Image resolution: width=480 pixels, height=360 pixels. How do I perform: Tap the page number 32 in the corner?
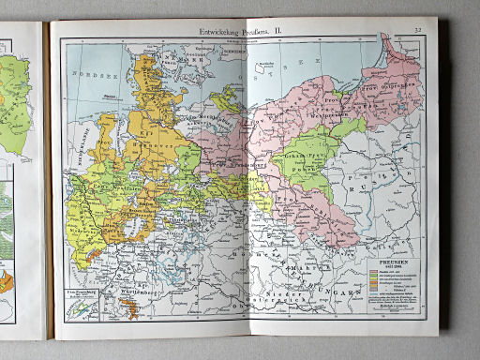415,32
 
